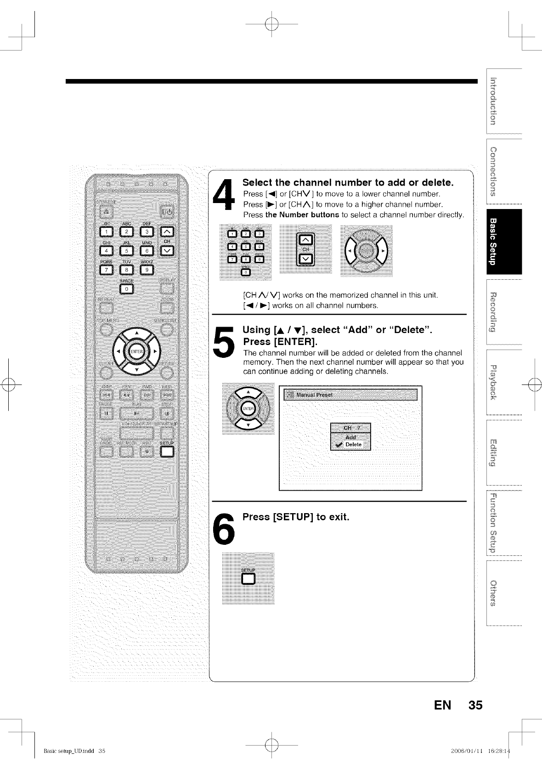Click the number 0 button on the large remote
pyautogui.click(x=126, y=288)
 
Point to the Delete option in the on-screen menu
pyautogui.click(x=353, y=445)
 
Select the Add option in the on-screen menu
pyautogui.click(x=350, y=437)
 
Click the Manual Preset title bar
pyautogui.click(x=350, y=395)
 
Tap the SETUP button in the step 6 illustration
pyautogui.click(x=248, y=578)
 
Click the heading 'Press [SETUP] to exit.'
pyautogui.click(x=296, y=517)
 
